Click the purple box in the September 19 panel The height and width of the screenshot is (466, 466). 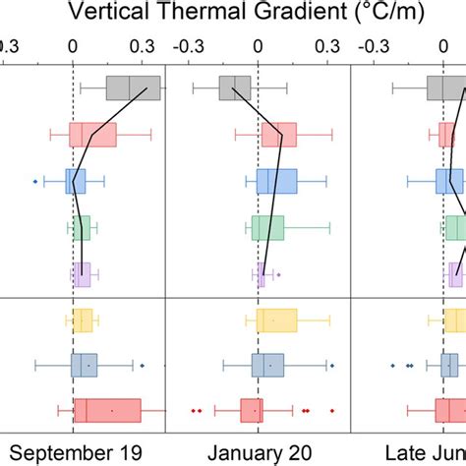[x=81, y=274]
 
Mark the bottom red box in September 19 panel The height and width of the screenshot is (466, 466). [x=107, y=410]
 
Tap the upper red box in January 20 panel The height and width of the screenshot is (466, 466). [x=277, y=135]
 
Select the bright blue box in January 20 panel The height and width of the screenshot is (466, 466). [x=276, y=181]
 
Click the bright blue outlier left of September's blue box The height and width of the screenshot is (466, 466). [x=35, y=181]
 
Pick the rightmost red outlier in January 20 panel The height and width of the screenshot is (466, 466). [x=332, y=410]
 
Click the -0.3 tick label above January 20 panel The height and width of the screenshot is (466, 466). [x=187, y=45]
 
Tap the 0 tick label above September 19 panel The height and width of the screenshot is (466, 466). [x=73, y=45]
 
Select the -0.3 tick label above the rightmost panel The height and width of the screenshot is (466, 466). [x=371, y=45]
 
